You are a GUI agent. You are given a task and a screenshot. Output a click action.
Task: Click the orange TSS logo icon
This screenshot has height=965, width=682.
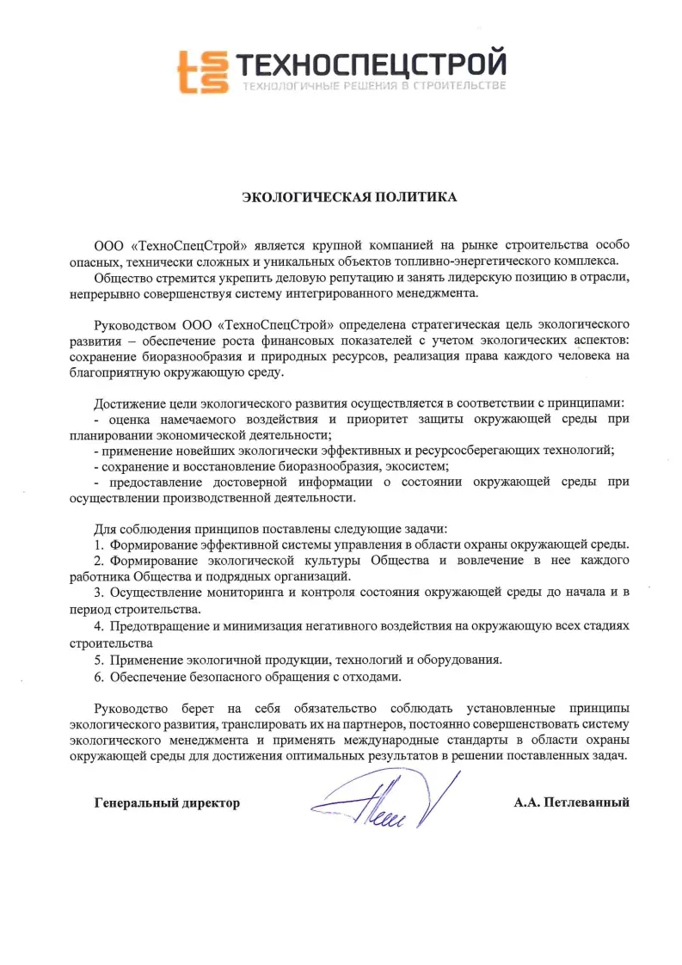[x=203, y=71]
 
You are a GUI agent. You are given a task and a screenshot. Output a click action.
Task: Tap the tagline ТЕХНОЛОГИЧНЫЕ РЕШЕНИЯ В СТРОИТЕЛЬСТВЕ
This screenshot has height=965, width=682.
[x=373, y=86]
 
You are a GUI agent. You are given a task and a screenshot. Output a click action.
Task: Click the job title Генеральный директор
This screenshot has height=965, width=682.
[x=167, y=803]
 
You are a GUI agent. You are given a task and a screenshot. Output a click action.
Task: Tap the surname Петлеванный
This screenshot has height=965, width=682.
[x=587, y=803]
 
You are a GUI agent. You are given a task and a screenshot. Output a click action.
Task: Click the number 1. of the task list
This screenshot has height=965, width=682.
[x=100, y=544]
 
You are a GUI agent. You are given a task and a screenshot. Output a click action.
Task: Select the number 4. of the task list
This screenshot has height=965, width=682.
[x=100, y=626]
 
